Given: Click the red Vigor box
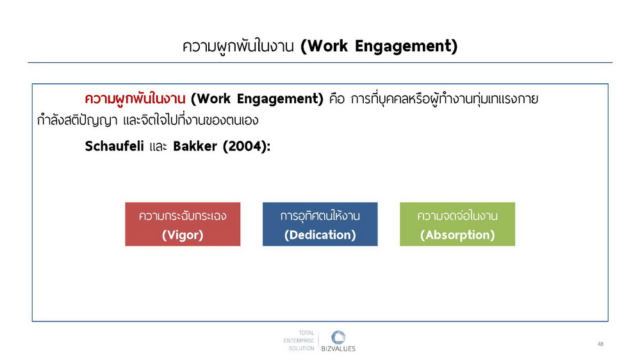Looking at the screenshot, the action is point(183,224).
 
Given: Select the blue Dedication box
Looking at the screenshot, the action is point(320,224).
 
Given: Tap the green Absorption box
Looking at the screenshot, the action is point(457,224).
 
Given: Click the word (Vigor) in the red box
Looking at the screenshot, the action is point(183,235).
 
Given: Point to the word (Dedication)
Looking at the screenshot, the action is point(320,235).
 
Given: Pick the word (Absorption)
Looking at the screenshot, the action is point(457,235).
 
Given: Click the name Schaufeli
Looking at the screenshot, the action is point(114,146).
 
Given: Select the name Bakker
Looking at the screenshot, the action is point(195,146).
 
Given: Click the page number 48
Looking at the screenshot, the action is point(600,344).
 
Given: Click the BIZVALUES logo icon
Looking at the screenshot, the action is point(338,337).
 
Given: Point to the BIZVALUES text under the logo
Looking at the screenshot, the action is point(338,349).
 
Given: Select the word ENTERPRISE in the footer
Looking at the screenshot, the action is point(299,340).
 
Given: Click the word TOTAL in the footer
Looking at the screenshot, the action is point(306,333).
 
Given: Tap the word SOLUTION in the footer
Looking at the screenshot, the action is point(301,348).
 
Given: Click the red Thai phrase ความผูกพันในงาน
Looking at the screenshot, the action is point(135,99).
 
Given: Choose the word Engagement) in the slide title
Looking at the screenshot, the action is point(406,46).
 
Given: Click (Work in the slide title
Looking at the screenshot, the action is point(324,46).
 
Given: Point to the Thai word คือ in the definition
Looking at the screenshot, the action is point(337,99).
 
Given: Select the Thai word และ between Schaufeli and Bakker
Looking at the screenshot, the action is point(158,147).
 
